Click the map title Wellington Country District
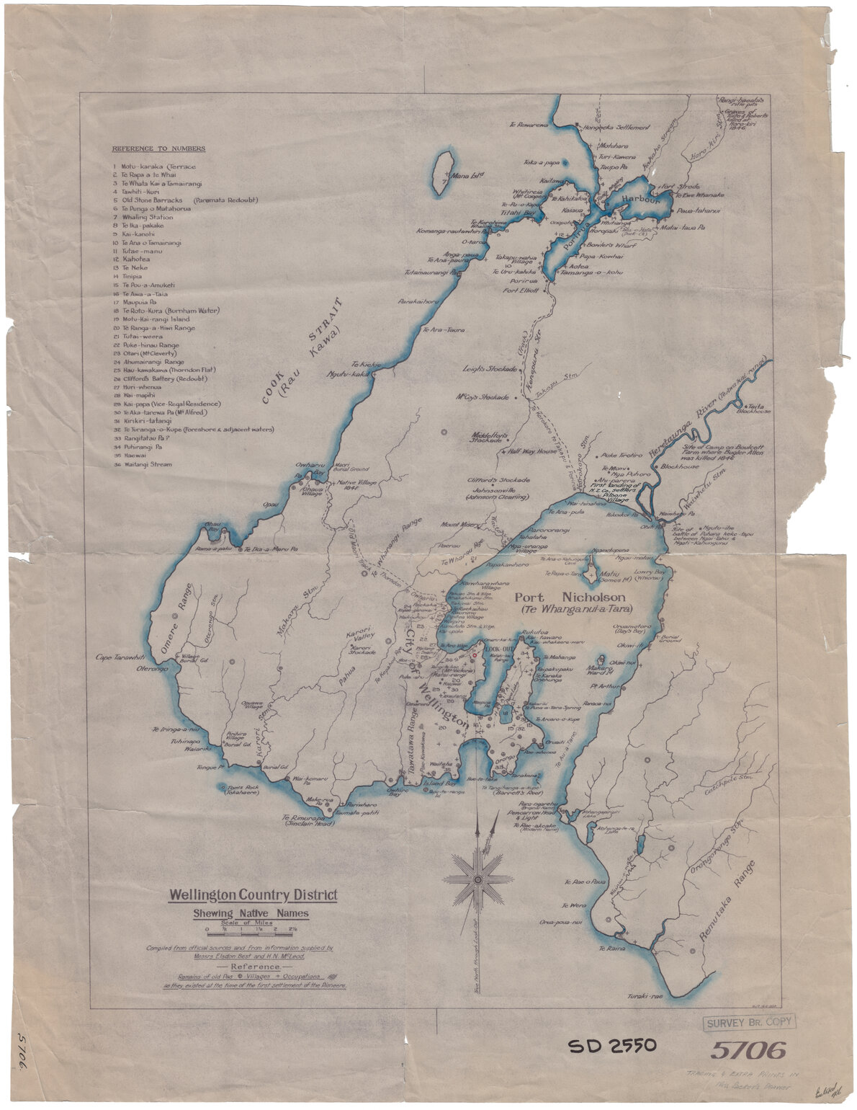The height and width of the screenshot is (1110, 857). point(253,896)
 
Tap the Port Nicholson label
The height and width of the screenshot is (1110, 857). point(569,598)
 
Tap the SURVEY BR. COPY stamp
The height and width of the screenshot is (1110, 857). point(748,1021)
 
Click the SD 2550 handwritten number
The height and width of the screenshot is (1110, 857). point(612,1046)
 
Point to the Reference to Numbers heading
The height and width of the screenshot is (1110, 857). point(158,149)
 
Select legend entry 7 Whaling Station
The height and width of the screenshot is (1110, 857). point(148,217)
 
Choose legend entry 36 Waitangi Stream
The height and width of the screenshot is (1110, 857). point(147,465)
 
